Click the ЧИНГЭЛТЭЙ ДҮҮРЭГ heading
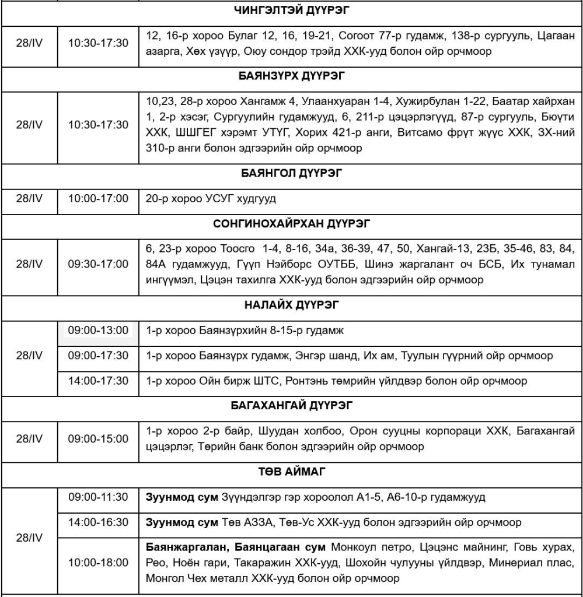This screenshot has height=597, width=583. tap(291, 10)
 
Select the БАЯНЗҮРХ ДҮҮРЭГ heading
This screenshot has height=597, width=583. tap(291, 76)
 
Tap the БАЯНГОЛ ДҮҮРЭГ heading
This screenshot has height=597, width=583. tap(291, 173)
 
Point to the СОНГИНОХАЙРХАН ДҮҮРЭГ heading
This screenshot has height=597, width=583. tap(291, 223)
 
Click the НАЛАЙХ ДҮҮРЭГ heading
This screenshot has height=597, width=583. tap(291, 305)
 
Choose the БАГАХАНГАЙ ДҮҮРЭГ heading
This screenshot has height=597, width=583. tap(291, 405)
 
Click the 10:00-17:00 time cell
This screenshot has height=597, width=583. tap(98, 199)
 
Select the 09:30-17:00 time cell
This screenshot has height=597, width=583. tap(98, 264)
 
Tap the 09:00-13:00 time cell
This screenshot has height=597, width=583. tap(98, 331)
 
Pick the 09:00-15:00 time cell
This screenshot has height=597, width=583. tap(98, 438)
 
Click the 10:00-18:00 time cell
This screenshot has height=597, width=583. tap(98, 563)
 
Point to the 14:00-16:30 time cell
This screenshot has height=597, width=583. tap(98, 522)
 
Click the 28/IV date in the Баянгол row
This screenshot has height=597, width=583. tap(29, 199)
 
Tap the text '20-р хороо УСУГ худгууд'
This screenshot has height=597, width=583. tap(211, 199)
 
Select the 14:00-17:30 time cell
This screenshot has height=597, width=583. tap(98, 381)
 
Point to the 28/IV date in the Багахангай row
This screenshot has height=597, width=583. tap(29, 438)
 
